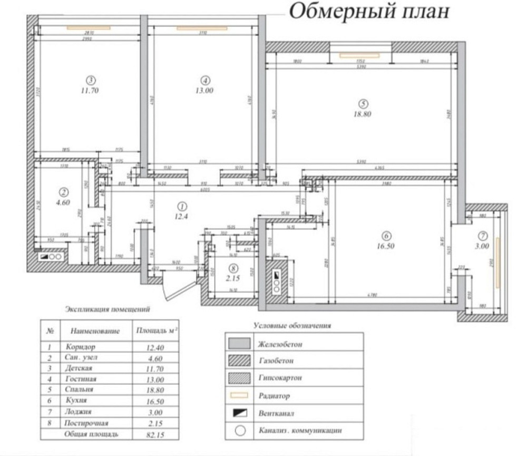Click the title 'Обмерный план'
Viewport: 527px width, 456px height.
click(369, 12)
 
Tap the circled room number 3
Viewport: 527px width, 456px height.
click(91, 80)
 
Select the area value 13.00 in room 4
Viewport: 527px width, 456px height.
click(205, 90)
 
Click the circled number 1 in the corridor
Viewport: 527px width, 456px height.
click(182, 206)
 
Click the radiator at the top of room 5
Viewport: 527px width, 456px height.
click(360, 55)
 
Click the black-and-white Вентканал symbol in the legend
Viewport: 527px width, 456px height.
click(239, 413)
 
